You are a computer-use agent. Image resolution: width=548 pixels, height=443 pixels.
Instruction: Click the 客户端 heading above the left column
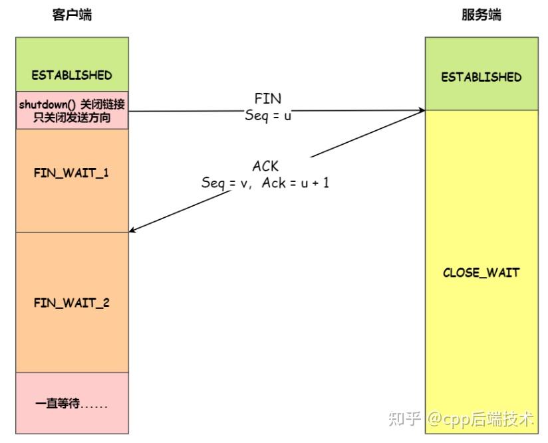(x=72, y=15)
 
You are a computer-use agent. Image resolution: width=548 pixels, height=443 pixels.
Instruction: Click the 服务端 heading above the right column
(x=481, y=15)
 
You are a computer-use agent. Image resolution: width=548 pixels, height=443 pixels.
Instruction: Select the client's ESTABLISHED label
(x=72, y=75)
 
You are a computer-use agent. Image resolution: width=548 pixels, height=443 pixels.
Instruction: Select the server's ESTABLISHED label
(x=481, y=77)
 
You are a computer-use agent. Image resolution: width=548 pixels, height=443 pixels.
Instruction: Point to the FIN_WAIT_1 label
(x=72, y=173)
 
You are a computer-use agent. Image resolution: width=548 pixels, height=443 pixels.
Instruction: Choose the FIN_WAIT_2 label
(x=72, y=303)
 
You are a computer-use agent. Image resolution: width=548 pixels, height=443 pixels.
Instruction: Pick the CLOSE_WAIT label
(x=481, y=273)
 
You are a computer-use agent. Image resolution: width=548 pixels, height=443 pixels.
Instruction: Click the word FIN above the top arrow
(x=268, y=99)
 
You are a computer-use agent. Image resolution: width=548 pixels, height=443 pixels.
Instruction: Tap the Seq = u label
(x=268, y=114)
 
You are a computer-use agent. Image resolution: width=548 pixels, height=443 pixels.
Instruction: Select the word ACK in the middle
(x=265, y=167)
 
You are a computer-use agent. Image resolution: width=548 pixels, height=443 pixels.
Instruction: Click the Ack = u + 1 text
(x=295, y=183)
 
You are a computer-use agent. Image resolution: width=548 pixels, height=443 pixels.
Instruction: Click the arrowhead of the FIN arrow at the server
(x=422, y=111)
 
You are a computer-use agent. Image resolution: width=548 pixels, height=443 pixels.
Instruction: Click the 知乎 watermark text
(x=404, y=419)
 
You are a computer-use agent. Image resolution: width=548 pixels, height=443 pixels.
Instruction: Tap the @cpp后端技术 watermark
(x=480, y=419)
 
